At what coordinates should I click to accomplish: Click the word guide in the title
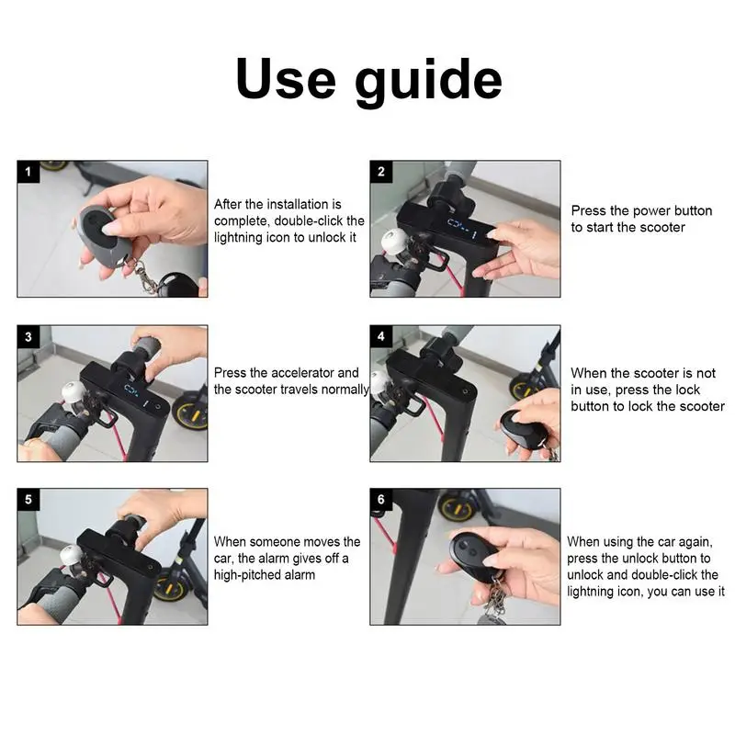click(428, 82)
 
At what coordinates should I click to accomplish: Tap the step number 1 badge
click(28, 172)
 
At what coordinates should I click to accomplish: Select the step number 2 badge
click(380, 172)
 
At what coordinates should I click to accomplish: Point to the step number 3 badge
click(28, 336)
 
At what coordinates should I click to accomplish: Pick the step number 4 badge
click(380, 336)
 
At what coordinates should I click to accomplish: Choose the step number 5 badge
click(28, 500)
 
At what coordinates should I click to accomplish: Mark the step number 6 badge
click(380, 500)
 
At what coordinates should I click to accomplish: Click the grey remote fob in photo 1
click(100, 236)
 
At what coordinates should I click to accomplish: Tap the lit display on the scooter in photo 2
click(462, 228)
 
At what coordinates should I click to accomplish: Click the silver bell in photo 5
click(72, 558)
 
